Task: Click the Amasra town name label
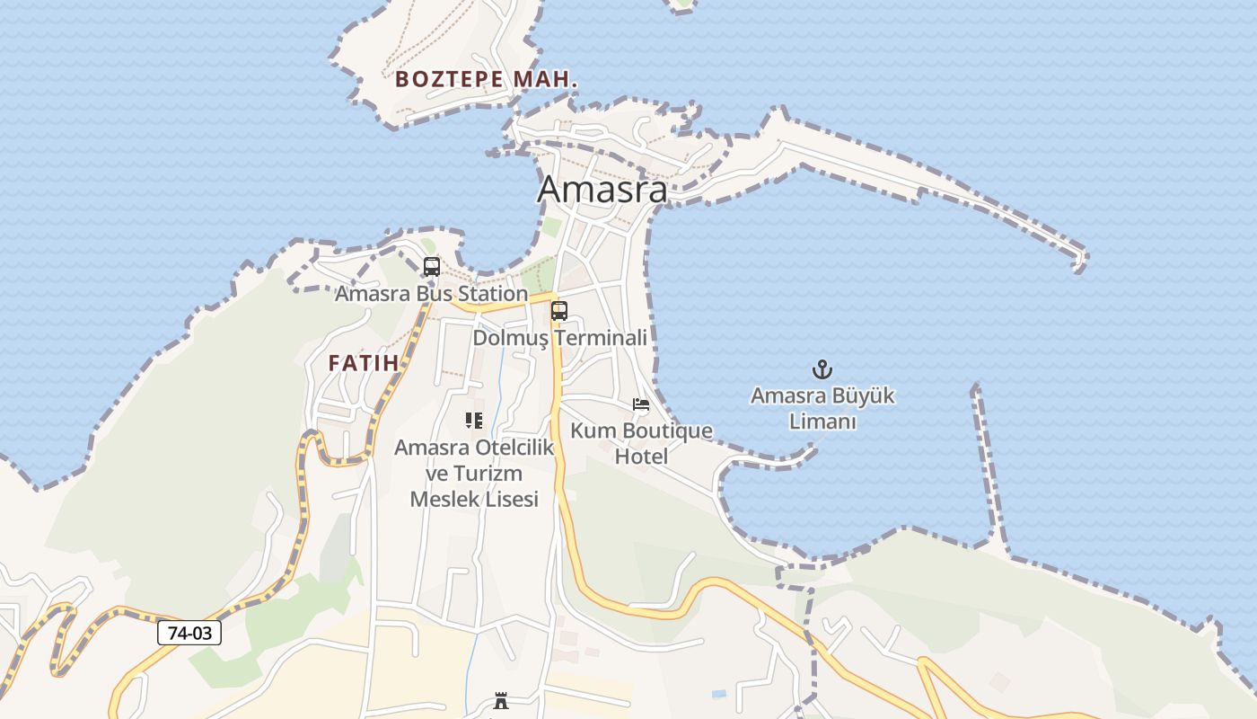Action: click(x=602, y=190)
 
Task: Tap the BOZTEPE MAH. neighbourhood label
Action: click(x=486, y=79)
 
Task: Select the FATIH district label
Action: click(x=363, y=363)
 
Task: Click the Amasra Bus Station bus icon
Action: click(x=432, y=267)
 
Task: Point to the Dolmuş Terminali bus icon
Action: click(x=559, y=311)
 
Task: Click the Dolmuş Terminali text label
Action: click(x=559, y=338)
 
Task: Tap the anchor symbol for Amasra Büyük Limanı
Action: click(x=822, y=369)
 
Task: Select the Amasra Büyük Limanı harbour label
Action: click(x=822, y=408)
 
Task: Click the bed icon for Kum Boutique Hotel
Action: click(x=641, y=404)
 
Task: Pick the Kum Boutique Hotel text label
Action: click(x=641, y=443)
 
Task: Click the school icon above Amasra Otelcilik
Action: click(x=474, y=420)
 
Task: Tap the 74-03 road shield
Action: click(x=189, y=633)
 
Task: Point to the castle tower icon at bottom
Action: click(x=501, y=701)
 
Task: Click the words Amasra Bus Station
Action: click(x=431, y=294)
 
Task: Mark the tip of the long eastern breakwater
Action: click(x=1080, y=262)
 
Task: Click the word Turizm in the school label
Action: click(x=490, y=473)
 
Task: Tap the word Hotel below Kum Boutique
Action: click(x=641, y=457)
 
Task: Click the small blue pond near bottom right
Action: click(x=719, y=694)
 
